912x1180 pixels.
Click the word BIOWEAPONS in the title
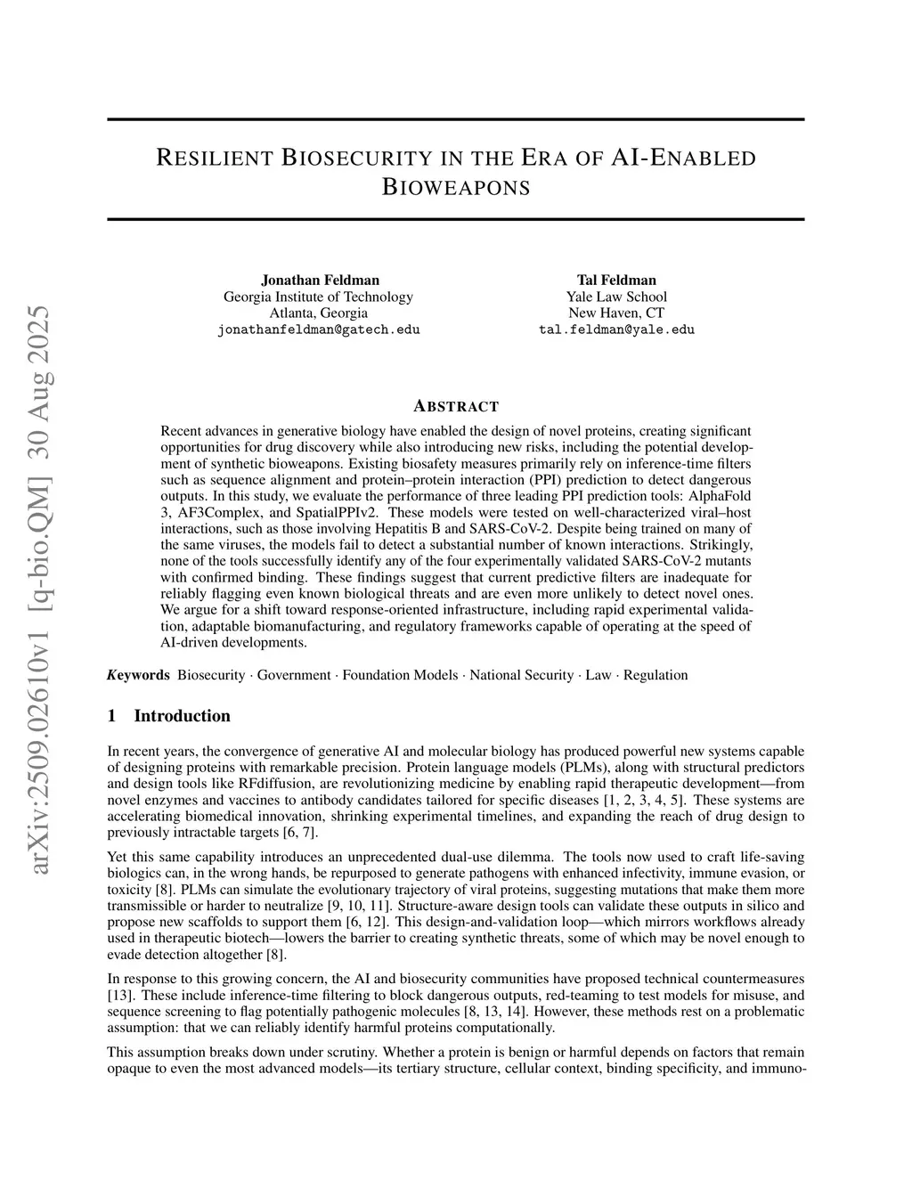point(455,188)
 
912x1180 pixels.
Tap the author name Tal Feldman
point(616,280)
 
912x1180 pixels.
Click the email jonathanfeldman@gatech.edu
point(319,330)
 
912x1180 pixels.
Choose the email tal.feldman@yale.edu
point(616,330)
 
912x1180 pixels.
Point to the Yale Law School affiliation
point(616,297)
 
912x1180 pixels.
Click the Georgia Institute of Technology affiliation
point(319,297)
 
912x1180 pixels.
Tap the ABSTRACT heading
point(455,407)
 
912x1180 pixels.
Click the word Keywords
point(138,675)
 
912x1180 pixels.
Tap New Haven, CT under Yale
point(616,313)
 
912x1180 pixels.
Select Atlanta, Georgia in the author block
point(319,313)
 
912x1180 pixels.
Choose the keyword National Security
point(522,675)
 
